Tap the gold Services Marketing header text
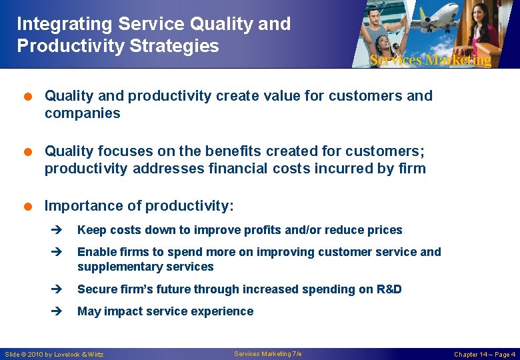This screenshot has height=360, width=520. [x=430, y=60]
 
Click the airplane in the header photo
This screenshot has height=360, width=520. [x=434, y=21]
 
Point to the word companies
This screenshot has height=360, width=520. [x=82, y=113]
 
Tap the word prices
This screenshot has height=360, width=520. [x=385, y=230]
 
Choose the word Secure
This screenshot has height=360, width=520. [x=95, y=289]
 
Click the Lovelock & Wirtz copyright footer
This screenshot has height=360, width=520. [x=55, y=354]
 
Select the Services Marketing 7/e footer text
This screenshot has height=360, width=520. [x=268, y=353]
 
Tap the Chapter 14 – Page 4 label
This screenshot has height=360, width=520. [x=485, y=354]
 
